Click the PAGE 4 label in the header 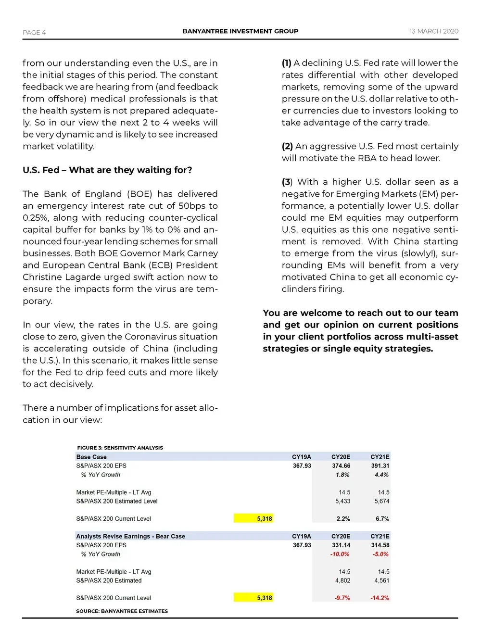coord(34,32)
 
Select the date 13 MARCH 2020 coord(433,31)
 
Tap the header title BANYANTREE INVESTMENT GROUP coord(240,31)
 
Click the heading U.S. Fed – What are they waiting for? coord(107,170)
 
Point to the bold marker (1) coord(287,63)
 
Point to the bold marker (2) coord(287,146)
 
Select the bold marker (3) coord(287,182)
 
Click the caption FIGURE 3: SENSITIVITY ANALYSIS coord(120,448)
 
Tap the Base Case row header coord(91,457)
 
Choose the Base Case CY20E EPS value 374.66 coord(341,466)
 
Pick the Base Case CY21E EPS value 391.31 coord(380,466)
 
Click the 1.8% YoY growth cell coord(342,475)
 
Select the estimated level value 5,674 coord(381,501)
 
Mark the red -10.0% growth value coord(340,554)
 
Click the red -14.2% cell coord(380,598)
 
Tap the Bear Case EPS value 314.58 coord(380,545)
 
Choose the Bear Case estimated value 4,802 coord(342,581)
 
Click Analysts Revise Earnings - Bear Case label coord(130,536)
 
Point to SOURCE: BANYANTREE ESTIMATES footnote coord(122,611)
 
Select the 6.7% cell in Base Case coord(382,519)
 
